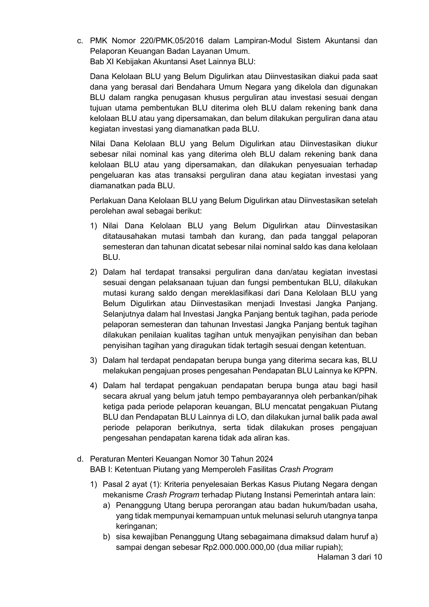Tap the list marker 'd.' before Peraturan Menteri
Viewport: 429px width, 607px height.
coord(80,459)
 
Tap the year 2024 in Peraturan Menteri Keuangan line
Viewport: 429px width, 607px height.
coord(264,459)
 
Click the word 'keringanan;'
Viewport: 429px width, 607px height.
coord(137,526)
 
